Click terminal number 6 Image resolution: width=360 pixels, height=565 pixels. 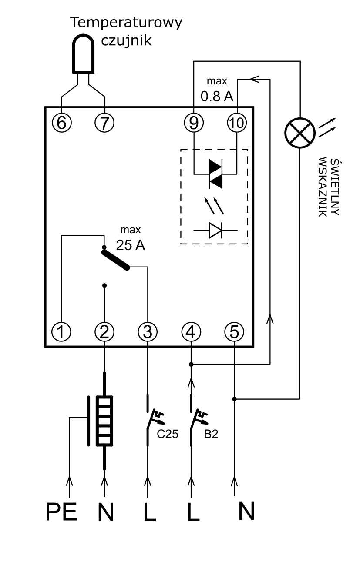pyautogui.click(x=62, y=123)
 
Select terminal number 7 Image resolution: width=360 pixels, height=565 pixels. pyautogui.click(x=104, y=123)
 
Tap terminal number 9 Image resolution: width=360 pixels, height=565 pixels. pyautogui.click(x=194, y=123)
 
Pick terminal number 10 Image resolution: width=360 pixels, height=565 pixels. pyautogui.click(x=237, y=123)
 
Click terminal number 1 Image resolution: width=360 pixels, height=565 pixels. pyautogui.click(x=61, y=331)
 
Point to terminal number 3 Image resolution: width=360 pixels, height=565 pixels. pyautogui.click(x=148, y=331)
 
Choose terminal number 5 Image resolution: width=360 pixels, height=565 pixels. pyautogui.click(x=234, y=331)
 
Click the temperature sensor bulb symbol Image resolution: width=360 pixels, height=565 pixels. pyautogui.click(x=83, y=53)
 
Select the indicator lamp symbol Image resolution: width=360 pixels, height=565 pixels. pyautogui.click(x=300, y=133)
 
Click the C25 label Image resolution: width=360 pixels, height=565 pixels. pyautogui.click(x=168, y=434)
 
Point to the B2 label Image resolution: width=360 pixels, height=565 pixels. pyautogui.click(x=211, y=434)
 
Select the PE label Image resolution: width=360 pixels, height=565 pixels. pyautogui.click(x=61, y=512)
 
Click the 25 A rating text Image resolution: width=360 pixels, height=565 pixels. pyautogui.click(x=131, y=245)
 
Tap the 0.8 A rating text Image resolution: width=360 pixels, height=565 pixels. pyautogui.click(x=217, y=96)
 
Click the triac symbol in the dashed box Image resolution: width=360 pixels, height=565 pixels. pyautogui.click(x=215, y=174)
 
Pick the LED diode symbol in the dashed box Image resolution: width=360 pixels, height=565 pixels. pyautogui.click(x=215, y=230)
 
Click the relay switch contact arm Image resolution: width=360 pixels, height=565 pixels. pyautogui.click(x=116, y=260)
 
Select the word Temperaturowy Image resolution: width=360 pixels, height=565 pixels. pyautogui.click(x=126, y=23)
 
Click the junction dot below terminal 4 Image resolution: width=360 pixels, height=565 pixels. pyautogui.click(x=191, y=364)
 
